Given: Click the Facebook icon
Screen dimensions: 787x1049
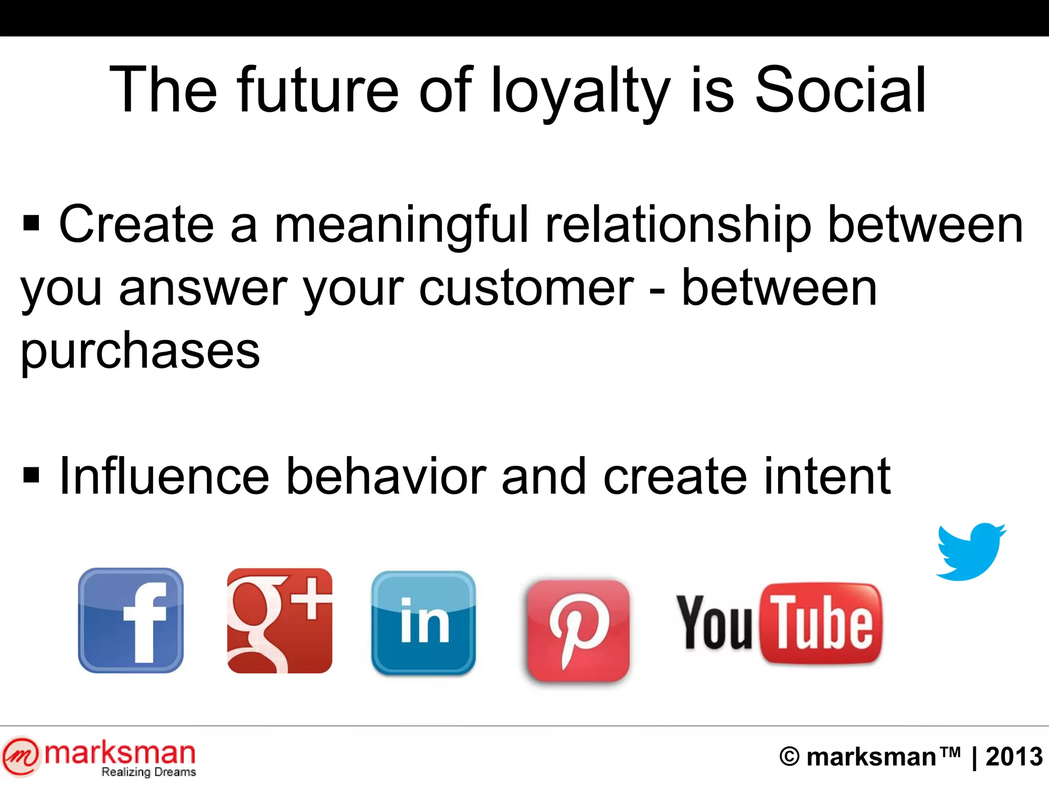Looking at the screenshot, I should click(x=131, y=620).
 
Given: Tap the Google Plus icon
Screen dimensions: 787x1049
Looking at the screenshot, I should click(x=280, y=620).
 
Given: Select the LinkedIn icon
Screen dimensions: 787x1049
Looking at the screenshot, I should click(x=424, y=623).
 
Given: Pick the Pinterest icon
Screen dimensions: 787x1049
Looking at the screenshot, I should click(x=578, y=631).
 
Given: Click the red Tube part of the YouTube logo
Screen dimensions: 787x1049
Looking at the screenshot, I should click(x=822, y=623).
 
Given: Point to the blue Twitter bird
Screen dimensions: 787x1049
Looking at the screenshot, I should click(x=970, y=552).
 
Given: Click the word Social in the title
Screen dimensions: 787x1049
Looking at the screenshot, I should click(x=840, y=90).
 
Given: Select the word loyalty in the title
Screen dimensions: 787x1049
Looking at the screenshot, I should click(x=580, y=90).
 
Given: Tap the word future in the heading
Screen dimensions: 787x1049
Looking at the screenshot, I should click(x=318, y=90).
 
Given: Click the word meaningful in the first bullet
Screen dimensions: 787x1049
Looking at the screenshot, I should click(x=401, y=224).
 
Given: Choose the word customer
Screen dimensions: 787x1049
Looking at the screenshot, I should click(x=527, y=288).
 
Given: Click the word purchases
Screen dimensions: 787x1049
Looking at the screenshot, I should click(x=140, y=351).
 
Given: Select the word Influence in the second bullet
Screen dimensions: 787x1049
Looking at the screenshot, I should click(x=164, y=477).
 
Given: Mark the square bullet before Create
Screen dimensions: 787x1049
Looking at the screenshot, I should click(x=31, y=223).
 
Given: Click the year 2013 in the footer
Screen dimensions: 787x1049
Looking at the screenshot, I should click(x=1014, y=757).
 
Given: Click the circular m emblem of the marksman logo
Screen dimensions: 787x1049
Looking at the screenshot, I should click(x=21, y=756).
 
